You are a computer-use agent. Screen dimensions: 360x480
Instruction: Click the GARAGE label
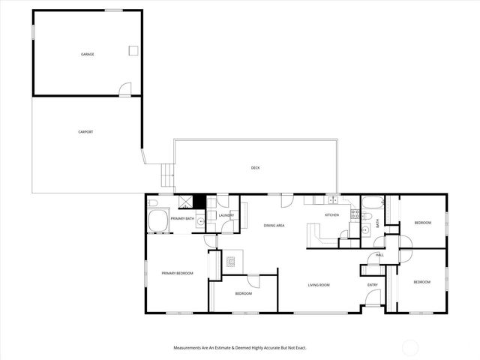[88, 55]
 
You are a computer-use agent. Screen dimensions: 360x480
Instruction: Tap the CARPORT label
[85, 132]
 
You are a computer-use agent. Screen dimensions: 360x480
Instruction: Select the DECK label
[255, 168]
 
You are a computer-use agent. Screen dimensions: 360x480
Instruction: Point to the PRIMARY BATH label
[182, 218]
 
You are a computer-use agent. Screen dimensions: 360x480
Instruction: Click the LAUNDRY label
[226, 215]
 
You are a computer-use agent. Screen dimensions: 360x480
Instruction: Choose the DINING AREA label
[274, 225]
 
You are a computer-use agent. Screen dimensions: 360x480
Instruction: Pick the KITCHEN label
[331, 215]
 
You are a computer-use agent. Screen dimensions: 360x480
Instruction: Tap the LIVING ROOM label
[320, 285]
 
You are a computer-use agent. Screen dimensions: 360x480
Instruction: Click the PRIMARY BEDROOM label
[177, 273]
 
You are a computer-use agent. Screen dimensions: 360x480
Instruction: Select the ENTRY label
[372, 285]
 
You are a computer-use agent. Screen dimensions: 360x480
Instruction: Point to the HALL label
[379, 255]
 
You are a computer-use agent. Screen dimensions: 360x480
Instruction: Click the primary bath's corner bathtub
[158, 223]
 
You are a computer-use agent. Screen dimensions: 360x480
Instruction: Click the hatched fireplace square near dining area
[231, 262]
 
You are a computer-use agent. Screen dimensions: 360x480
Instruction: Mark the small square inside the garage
[133, 50]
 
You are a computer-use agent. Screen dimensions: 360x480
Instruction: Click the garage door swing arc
[125, 89]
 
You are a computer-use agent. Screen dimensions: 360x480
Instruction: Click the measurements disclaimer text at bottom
[240, 348]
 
